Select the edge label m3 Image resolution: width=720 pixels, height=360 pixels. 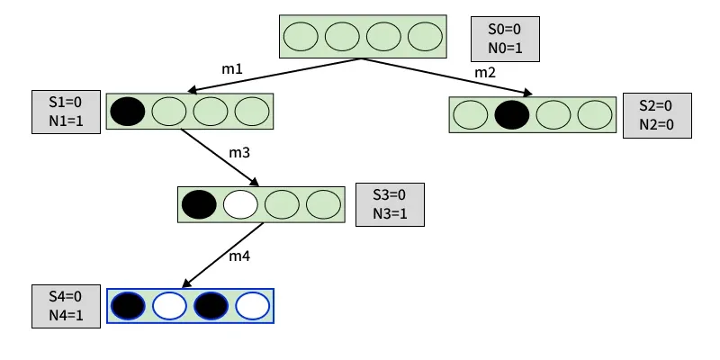[x=238, y=153]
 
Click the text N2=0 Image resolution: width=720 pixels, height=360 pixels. [x=657, y=124]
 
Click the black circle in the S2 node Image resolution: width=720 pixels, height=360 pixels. [x=512, y=114]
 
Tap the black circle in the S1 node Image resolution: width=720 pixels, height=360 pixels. [x=127, y=111]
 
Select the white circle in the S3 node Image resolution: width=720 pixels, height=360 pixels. [x=240, y=204]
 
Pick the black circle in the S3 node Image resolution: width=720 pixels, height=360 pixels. [x=199, y=204]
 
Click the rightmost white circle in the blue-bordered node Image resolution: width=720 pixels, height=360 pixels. [x=253, y=306]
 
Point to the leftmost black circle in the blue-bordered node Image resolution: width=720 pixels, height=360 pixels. [x=127, y=306]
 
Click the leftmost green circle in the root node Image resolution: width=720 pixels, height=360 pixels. [x=301, y=37]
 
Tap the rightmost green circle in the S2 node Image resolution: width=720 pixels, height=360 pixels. [x=595, y=114]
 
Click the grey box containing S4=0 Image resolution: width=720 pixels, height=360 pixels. [x=64, y=306]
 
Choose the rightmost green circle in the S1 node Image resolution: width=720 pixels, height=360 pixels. [x=252, y=111]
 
